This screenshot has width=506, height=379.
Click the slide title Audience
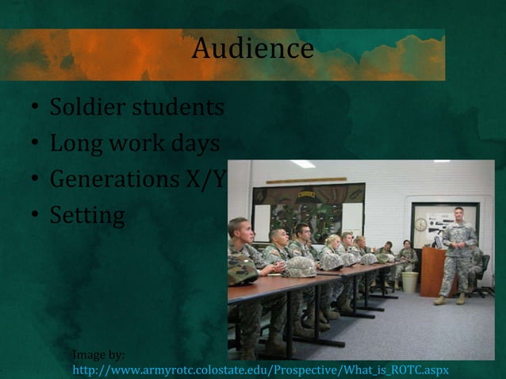(252, 49)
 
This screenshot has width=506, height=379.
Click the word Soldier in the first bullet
(85, 107)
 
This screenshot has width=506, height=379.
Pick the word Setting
(87, 215)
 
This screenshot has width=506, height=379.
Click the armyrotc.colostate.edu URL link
(260, 370)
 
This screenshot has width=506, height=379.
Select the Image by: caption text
(98, 355)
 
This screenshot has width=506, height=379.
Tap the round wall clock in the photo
(420, 224)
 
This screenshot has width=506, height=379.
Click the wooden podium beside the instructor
(431, 271)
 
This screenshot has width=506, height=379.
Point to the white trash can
(409, 281)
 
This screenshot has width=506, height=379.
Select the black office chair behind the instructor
(481, 274)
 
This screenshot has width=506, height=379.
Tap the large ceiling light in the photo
(302, 164)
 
